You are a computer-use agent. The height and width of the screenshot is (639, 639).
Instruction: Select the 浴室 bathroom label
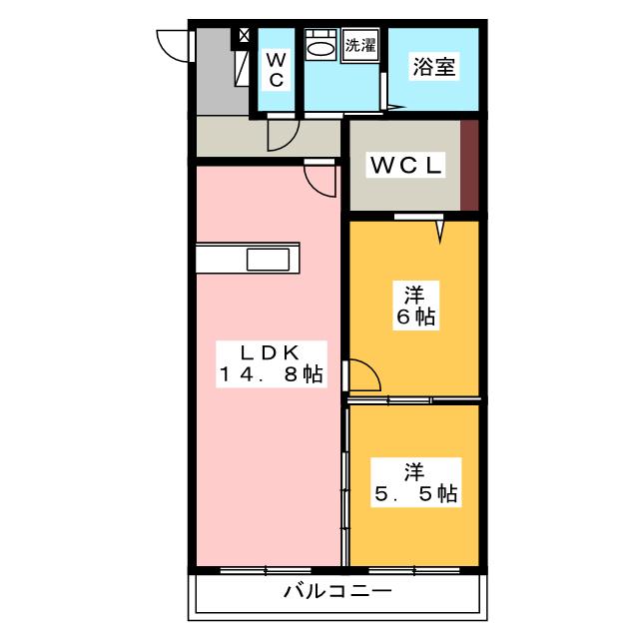[x=433, y=68]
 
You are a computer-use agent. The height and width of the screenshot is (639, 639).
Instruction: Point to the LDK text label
[x=271, y=351]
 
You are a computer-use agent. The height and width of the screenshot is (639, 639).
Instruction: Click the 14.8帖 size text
[x=271, y=375]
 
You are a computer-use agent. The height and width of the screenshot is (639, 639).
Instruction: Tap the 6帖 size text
[x=414, y=319]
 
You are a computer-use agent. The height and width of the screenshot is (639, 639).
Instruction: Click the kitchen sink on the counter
[x=267, y=259]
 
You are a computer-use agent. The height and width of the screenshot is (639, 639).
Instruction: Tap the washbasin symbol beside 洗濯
[x=320, y=46]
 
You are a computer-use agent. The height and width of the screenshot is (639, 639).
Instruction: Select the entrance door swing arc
[x=174, y=45]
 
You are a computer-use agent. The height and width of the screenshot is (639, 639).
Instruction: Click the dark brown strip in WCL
[x=470, y=165]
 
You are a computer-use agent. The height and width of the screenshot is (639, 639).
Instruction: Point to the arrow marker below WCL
[x=440, y=233]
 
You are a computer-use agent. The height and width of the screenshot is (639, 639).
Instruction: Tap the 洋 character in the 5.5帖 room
[x=413, y=468]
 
